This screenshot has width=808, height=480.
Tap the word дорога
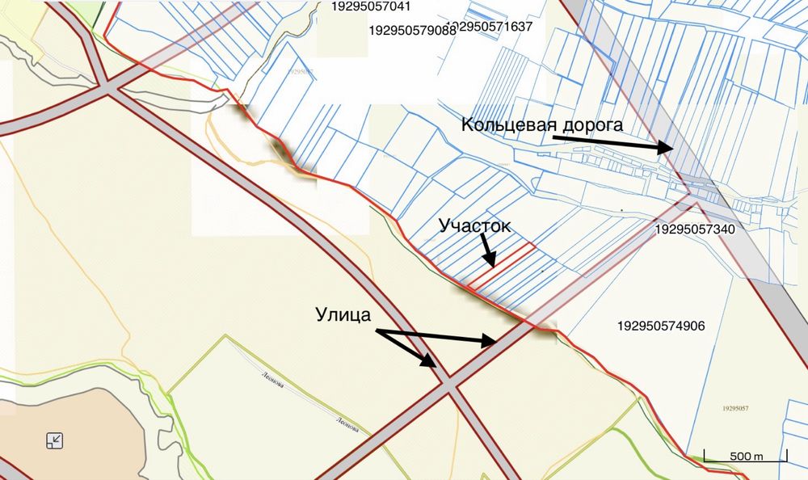[587, 125]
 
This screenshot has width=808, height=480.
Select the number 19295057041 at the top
[372, 6]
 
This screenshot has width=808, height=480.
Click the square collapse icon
[55, 440]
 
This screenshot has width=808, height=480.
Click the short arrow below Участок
[488, 251]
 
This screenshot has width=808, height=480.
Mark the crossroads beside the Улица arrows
[449, 387]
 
